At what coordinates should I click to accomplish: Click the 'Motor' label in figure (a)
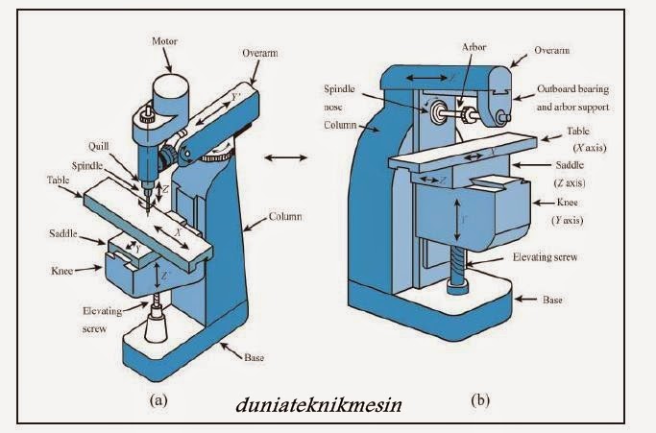pos(165,43)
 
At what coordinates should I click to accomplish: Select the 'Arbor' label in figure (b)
pos(474,46)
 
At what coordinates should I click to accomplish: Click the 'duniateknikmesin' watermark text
pos(318,404)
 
